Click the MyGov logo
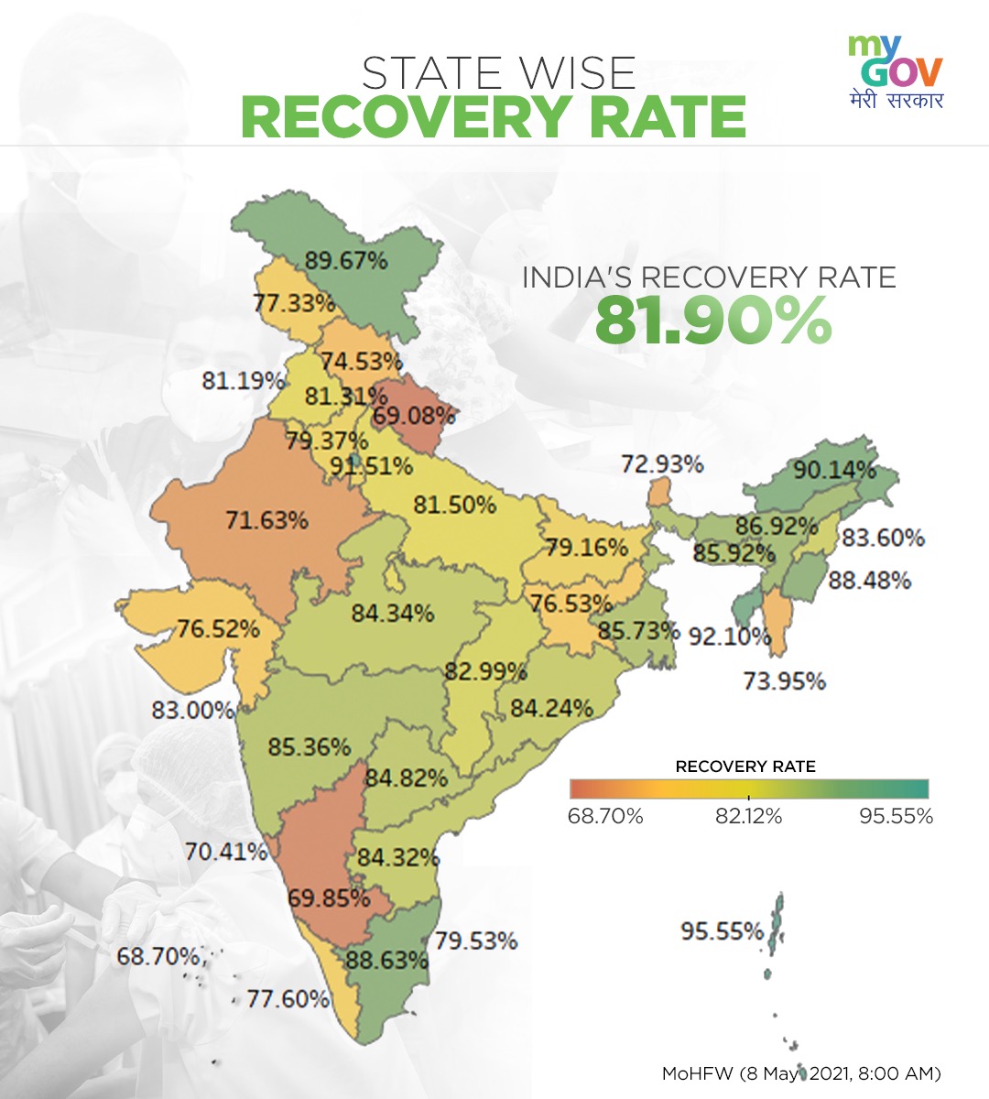pyautogui.click(x=895, y=71)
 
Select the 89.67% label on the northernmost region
pyautogui.click(x=346, y=261)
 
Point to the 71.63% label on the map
pyautogui.click(x=266, y=521)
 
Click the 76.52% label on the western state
pyautogui.click(x=218, y=629)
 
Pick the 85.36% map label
pyautogui.click(x=309, y=746)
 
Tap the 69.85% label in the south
pyautogui.click(x=329, y=898)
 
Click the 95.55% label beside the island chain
pyautogui.click(x=722, y=931)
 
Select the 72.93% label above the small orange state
pyautogui.click(x=662, y=464)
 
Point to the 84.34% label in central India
pyautogui.click(x=392, y=613)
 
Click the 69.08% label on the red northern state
pyautogui.click(x=414, y=415)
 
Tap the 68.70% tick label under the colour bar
pyautogui.click(x=605, y=816)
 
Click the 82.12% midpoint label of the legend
pyautogui.click(x=748, y=816)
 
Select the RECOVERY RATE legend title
pyautogui.click(x=744, y=767)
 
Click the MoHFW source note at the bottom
pyautogui.click(x=800, y=1072)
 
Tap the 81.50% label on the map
pyautogui.click(x=454, y=505)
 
